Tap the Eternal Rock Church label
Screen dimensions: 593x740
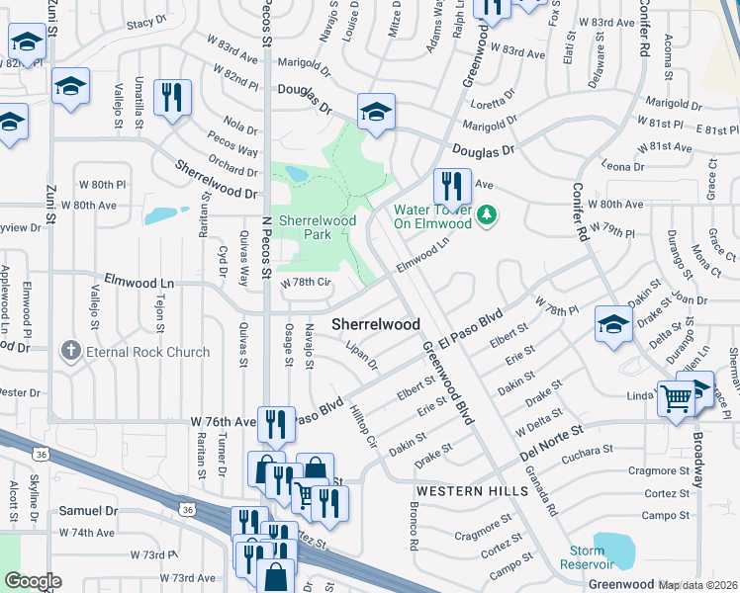pos(147,352)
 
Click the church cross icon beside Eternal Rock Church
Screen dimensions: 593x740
pos(70,351)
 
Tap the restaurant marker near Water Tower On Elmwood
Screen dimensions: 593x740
pos(451,185)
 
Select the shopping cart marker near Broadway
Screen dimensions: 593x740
pos(678,400)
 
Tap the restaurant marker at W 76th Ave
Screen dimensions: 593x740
pos(277,425)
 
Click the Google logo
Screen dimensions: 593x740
pos(33,581)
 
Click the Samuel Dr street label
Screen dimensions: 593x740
pos(88,511)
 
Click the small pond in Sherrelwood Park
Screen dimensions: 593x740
pos(295,175)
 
